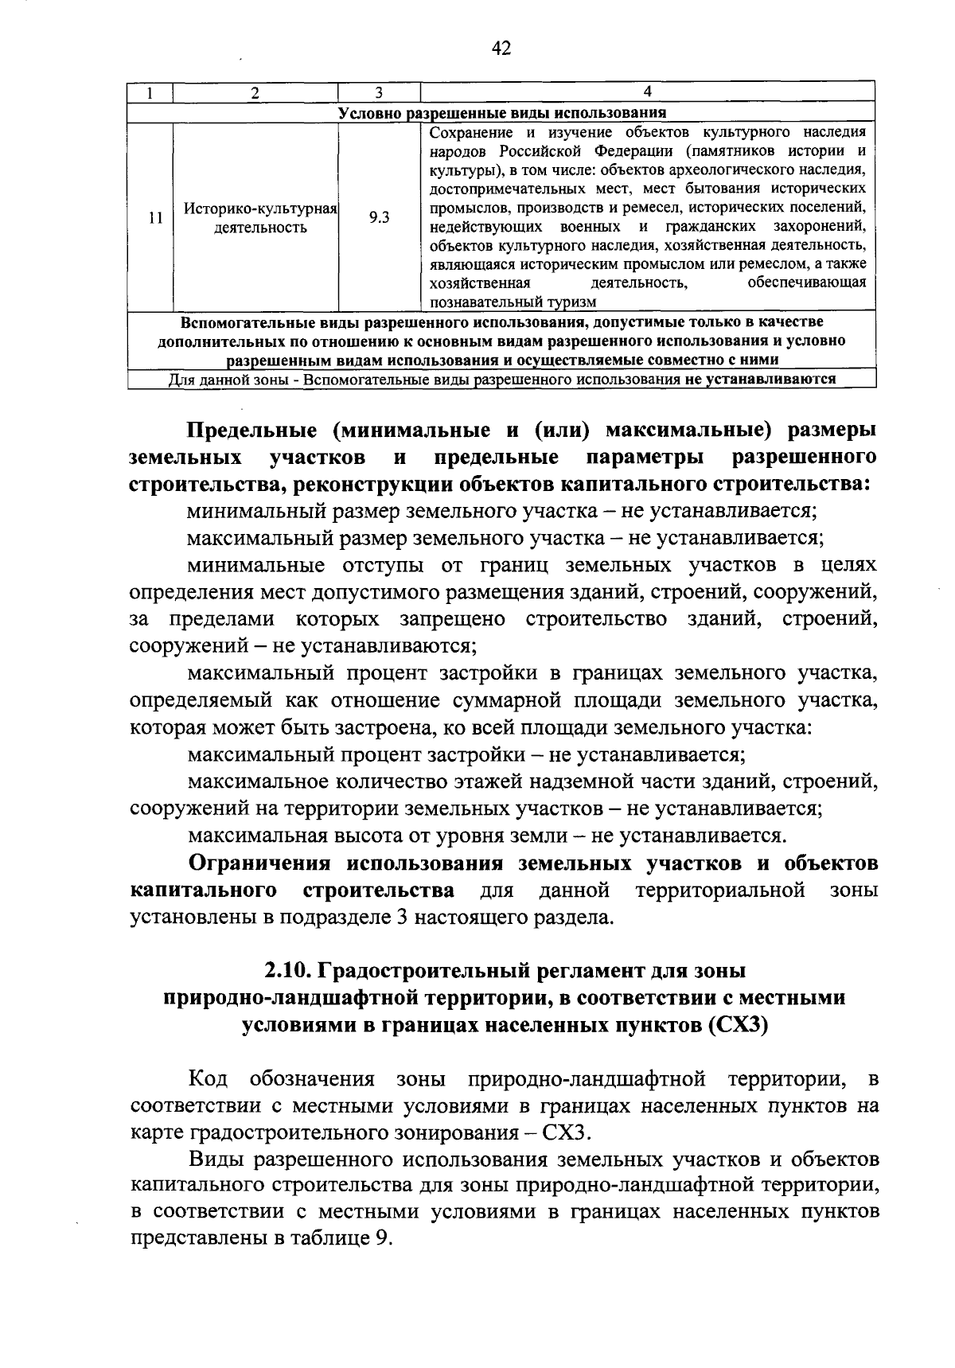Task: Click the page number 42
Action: [x=501, y=49]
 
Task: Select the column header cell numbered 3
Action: [x=379, y=92]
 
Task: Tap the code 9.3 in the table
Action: [x=379, y=216]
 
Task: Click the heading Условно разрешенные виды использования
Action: [x=502, y=112]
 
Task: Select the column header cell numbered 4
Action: [x=647, y=92]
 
